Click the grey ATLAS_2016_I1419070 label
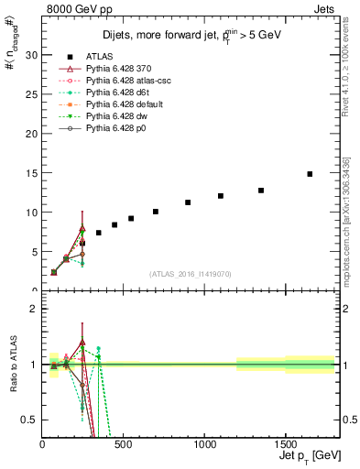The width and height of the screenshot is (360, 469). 191,274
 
